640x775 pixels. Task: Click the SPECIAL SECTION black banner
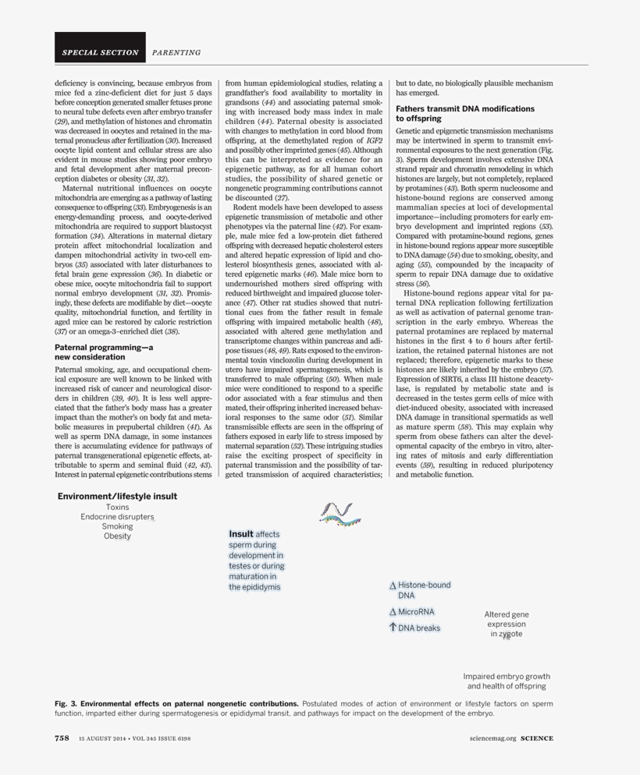99,53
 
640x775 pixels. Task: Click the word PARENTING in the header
176,53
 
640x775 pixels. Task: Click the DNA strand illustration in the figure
340,511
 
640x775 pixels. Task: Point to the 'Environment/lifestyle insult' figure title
117,496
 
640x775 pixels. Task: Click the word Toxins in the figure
117,507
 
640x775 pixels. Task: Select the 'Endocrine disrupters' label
117,516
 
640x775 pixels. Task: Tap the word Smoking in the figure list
117,526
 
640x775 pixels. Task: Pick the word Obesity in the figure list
117,536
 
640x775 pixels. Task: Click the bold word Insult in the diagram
240,534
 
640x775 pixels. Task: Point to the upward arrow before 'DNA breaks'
393,627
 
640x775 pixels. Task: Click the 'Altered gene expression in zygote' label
507,624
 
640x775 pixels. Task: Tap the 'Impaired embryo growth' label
507,676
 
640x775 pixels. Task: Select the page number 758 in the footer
62,738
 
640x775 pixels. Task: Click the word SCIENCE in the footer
538,738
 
